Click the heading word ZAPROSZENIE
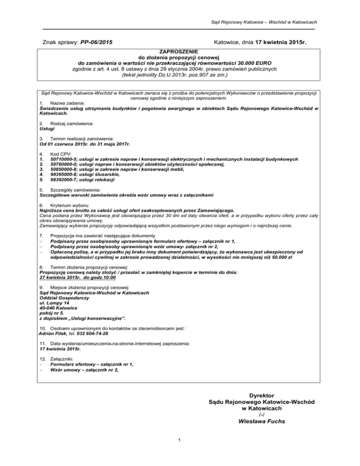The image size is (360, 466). pyautogui.click(x=180, y=51)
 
